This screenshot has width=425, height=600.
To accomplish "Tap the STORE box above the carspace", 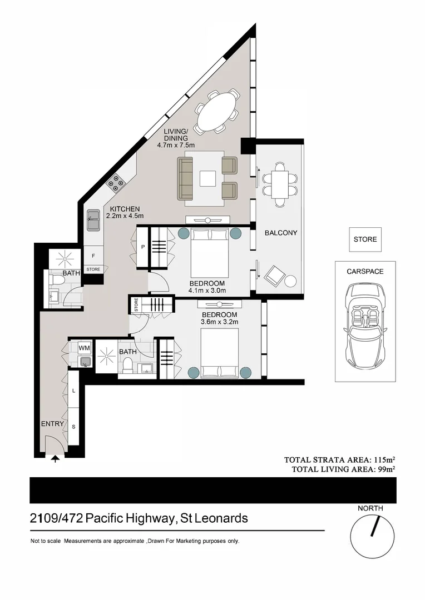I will click(365, 239).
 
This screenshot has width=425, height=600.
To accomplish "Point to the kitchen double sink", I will click(92, 221).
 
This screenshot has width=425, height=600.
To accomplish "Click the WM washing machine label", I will click(84, 348).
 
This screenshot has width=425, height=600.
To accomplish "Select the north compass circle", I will click(372, 537).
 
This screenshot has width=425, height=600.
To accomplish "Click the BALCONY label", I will click(281, 233).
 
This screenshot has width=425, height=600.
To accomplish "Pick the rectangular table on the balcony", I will click(279, 183).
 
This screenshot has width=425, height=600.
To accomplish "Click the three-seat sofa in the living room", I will click(185, 179).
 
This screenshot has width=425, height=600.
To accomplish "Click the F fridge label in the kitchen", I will click(93, 256).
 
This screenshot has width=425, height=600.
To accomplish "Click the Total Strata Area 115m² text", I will click(339, 460).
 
